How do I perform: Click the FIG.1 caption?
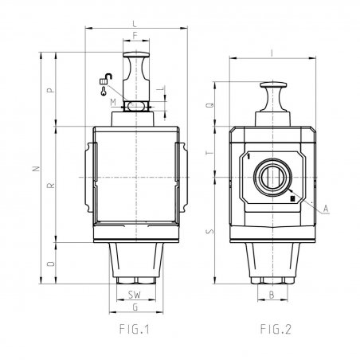coord(135,329)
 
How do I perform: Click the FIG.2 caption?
coord(276,329)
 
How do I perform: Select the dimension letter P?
coord(51,90)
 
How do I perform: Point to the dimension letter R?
coord(51,186)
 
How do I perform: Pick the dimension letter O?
coord(51,264)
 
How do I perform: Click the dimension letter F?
coord(135,36)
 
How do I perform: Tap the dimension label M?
coord(113,102)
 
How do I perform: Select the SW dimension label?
coord(135,295)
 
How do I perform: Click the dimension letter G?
coord(135,307)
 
